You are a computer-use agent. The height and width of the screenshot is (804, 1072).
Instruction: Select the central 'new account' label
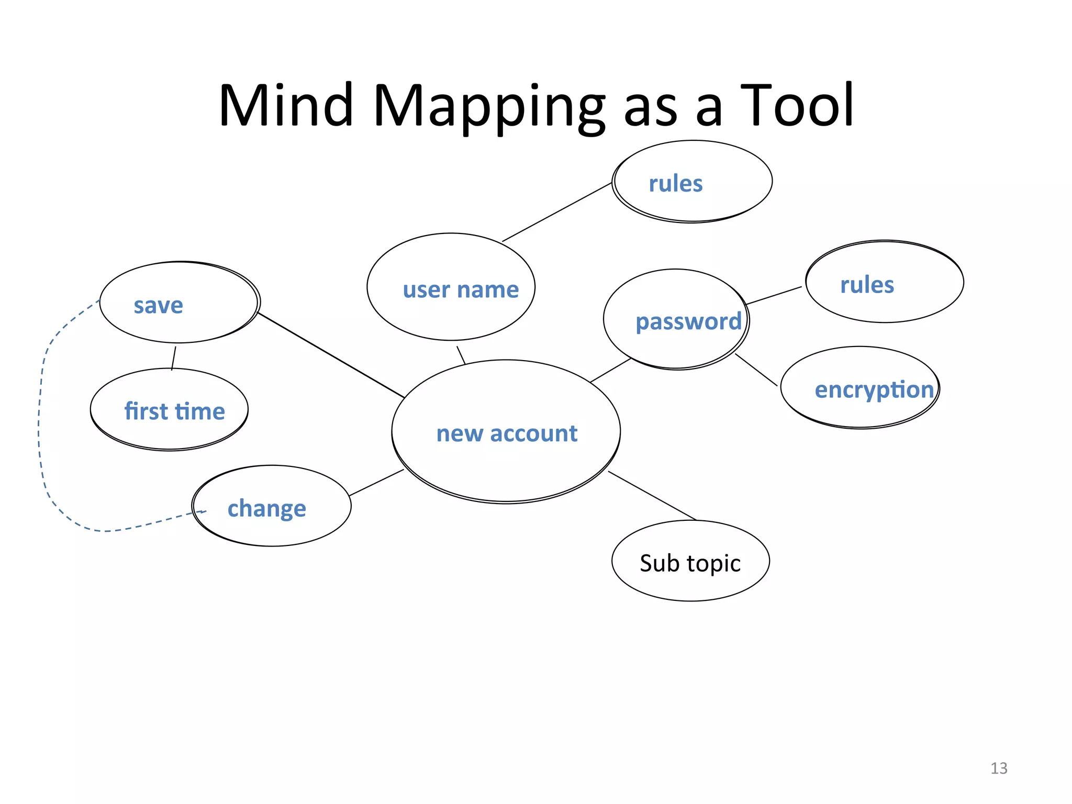coord(507,433)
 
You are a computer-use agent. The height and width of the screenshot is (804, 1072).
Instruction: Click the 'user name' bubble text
coord(461,289)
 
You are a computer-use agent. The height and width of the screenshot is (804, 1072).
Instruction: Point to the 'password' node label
coord(688,321)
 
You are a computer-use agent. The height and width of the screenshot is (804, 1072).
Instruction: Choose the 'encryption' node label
coord(874,390)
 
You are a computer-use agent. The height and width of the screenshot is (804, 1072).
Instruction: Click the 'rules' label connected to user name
coord(676,184)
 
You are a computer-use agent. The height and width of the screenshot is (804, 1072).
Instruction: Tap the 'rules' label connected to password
coord(867,285)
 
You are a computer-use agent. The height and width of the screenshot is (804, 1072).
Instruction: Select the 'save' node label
coord(158,305)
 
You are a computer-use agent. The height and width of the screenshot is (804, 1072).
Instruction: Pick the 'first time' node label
coord(174,411)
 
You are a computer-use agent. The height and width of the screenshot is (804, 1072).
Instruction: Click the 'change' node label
coord(266,508)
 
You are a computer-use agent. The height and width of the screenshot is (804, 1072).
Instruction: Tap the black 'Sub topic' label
coord(690,563)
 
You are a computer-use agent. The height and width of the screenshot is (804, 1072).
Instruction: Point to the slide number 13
coord(999,768)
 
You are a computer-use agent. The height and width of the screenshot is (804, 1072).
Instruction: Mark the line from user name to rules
coord(557,212)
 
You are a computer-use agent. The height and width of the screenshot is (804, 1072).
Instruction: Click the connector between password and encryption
coord(756,370)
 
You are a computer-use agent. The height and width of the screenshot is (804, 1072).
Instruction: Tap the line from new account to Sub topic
coord(652,496)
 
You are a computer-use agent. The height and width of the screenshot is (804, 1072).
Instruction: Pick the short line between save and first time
coord(174,358)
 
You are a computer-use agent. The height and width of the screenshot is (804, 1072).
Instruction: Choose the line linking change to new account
coord(376,483)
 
